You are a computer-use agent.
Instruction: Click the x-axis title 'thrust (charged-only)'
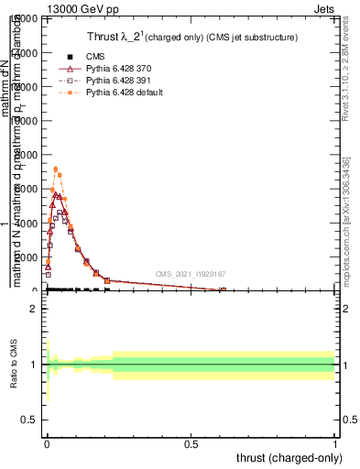pos(287,457)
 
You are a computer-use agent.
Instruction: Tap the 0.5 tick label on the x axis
pos(191,444)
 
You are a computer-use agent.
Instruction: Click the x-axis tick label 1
pos(335,444)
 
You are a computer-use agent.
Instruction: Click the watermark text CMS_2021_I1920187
pos(190,273)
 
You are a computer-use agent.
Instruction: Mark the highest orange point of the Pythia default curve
pos(56,169)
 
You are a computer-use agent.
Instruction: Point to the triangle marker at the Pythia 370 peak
pos(56,195)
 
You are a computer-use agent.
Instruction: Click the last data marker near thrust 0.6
pos(223,290)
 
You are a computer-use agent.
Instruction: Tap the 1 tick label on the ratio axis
pos(34,365)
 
